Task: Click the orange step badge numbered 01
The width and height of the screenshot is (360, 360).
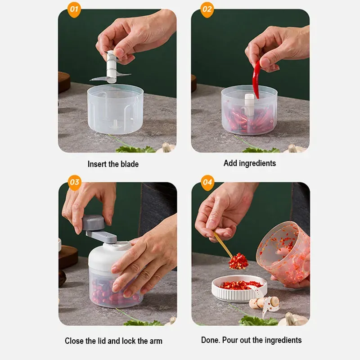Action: [x=74, y=9]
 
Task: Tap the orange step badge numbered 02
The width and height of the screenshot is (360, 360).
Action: [x=207, y=9]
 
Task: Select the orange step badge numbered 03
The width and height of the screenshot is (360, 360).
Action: [x=75, y=183]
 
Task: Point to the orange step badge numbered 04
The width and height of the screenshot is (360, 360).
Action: [x=207, y=183]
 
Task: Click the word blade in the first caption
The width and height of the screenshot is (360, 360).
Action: [x=130, y=164]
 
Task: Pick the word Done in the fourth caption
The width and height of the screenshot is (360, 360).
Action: [x=210, y=340]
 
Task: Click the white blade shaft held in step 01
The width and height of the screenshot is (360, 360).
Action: [x=111, y=67]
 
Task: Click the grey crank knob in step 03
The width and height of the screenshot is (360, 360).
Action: [x=94, y=223]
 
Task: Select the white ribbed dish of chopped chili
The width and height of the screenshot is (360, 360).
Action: [x=239, y=288]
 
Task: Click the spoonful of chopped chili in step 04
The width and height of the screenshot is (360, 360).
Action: [x=238, y=261]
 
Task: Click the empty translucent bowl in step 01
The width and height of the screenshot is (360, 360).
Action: [x=116, y=109]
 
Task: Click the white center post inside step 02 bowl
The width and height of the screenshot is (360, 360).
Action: [x=249, y=104]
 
